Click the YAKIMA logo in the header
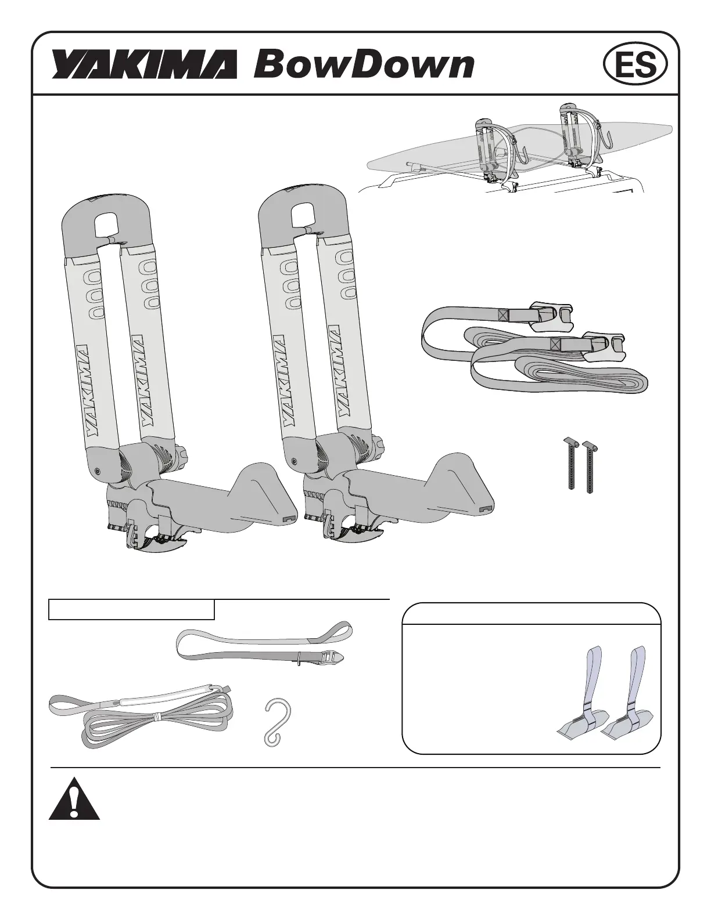pos(145,64)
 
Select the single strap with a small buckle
pos(264,646)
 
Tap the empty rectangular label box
pos(131,609)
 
